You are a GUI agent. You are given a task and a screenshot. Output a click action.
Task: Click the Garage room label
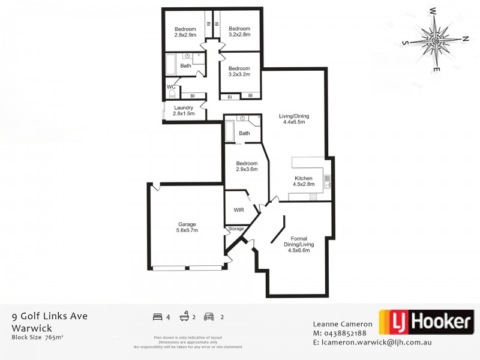click(187, 227)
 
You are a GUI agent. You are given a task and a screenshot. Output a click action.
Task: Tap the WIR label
click(238, 211)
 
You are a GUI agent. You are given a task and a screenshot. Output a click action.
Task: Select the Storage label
click(236, 229)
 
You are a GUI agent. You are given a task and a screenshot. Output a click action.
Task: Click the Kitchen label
click(304, 181)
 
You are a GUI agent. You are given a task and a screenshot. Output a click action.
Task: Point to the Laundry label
click(183, 110)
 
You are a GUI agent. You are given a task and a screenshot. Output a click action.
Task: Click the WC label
click(171, 86)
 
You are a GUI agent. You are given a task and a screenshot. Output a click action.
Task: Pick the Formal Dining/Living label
click(299, 244)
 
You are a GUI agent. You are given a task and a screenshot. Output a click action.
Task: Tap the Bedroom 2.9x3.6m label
click(247, 166)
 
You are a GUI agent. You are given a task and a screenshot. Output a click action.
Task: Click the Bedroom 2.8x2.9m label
click(185, 32)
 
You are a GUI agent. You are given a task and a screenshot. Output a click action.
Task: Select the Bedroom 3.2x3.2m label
click(239, 71)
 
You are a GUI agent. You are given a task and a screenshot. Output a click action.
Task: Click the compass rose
click(436, 39)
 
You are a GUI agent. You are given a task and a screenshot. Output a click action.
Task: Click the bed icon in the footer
click(158, 316)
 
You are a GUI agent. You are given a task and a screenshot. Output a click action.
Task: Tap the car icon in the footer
click(209, 316)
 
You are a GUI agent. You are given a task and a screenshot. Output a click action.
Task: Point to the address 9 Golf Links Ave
click(50, 316)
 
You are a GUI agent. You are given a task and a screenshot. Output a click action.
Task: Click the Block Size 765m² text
click(37, 337)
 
